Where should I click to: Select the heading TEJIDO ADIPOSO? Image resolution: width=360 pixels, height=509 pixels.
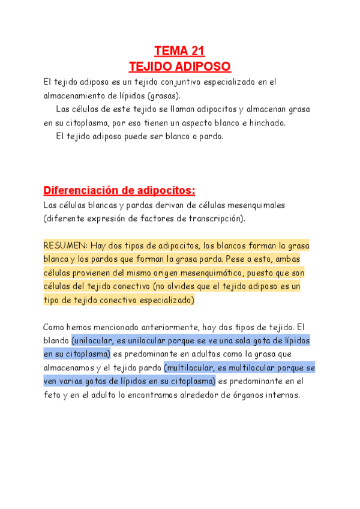(x=180, y=66)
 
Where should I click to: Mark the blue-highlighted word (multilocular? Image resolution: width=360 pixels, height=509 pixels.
(x=193, y=367)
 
